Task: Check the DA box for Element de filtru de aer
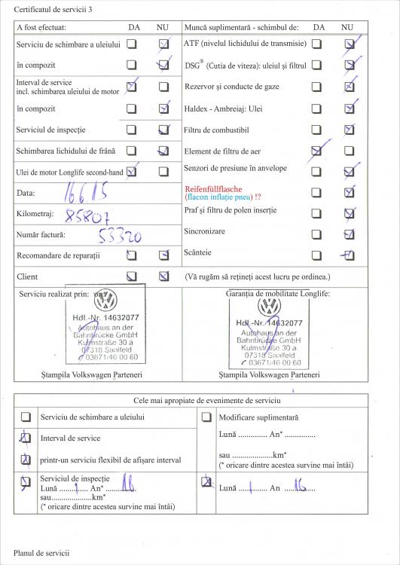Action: coord(317,151)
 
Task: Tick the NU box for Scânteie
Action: coord(348,255)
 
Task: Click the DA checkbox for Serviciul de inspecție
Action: coord(132,130)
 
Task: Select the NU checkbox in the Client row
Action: coord(163,276)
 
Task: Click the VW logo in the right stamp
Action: coord(269,307)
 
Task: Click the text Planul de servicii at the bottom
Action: coord(41,553)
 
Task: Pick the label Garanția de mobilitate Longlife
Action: coord(279,293)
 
